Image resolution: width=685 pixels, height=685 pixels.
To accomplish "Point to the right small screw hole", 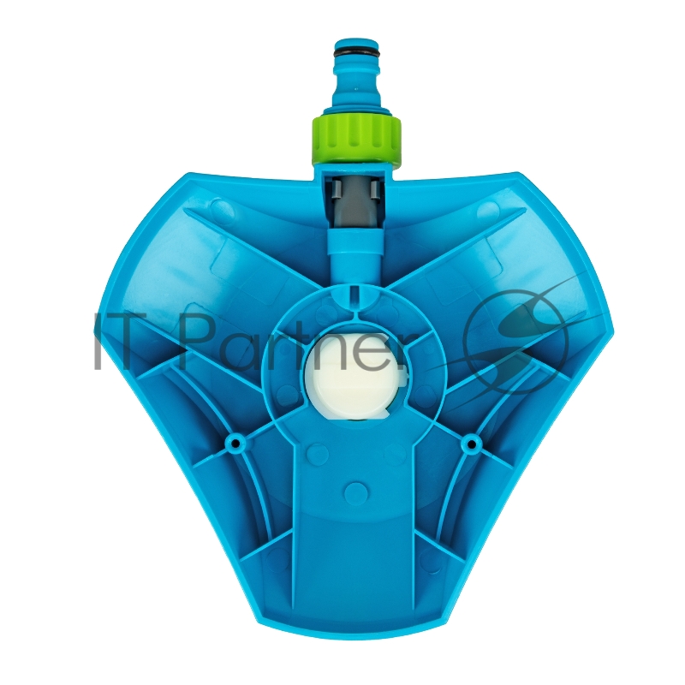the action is [x=471, y=444].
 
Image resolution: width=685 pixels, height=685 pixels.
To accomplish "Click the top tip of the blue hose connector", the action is [x=354, y=39].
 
